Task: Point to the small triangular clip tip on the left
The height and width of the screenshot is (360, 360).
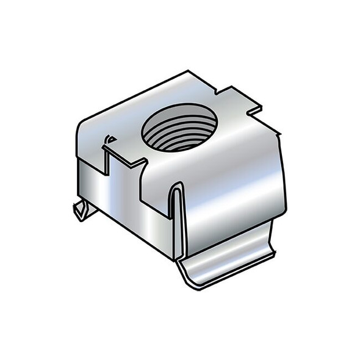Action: click(79, 210)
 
